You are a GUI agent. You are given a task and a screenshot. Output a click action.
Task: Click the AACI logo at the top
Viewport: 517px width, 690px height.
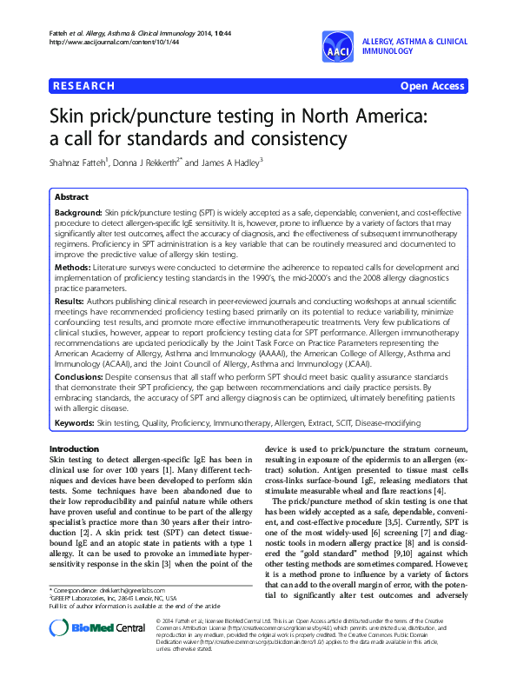[x=338, y=47]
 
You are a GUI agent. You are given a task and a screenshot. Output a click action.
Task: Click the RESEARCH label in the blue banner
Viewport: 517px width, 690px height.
[x=83, y=86]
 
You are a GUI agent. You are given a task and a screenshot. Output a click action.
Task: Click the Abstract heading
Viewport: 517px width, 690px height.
[x=71, y=196]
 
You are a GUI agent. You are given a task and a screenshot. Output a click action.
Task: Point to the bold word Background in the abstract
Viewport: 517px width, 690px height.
[x=78, y=212]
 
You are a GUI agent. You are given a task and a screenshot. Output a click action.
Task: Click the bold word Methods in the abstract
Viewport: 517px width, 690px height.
[x=71, y=267]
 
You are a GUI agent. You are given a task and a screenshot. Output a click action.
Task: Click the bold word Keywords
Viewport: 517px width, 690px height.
[x=74, y=423]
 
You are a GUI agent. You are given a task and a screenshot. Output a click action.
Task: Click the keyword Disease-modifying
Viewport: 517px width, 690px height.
[x=388, y=423]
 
